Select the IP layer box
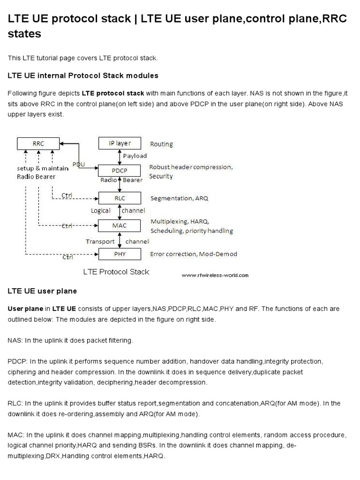[117, 143]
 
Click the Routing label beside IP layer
[161, 144]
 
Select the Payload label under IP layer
[135, 156]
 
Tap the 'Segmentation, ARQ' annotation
[179, 198]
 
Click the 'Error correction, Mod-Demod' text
[193, 254]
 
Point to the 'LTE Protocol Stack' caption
[116, 271]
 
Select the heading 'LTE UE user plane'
[42, 291]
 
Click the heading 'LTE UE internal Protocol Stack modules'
[83, 75]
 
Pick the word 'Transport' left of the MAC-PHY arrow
[100, 241]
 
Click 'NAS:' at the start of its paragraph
[16, 341]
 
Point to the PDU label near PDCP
[79, 164]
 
